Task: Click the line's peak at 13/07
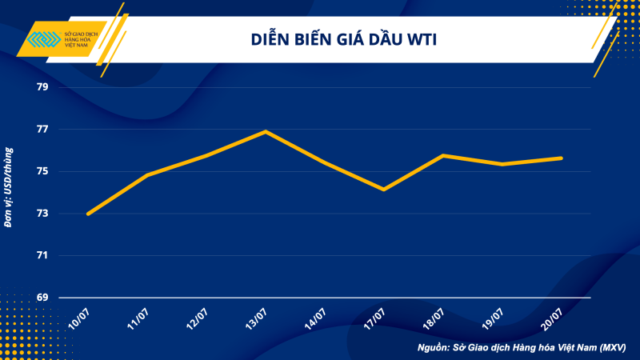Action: (x=266, y=131)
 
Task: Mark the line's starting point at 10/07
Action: (x=88, y=214)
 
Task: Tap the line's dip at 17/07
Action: (x=384, y=190)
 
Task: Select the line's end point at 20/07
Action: (x=561, y=158)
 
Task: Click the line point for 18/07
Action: (x=443, y=155)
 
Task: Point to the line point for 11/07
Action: (x=147, y=174)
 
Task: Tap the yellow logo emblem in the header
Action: (x=42, y=39)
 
